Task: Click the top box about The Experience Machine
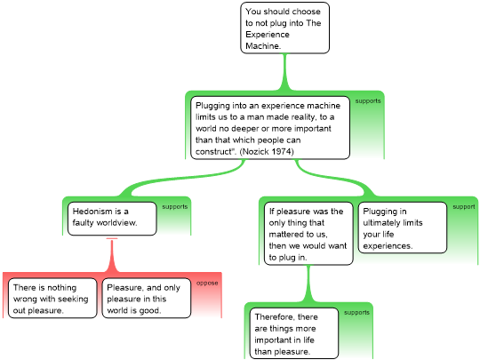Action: click(x=285, y=28)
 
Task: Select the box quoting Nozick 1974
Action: click(x=270, y=128)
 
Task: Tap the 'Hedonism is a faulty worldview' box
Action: click(x=112, y=219)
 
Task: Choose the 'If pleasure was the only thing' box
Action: click(x=308, y=234)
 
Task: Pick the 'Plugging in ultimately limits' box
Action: click(x=403, y=228)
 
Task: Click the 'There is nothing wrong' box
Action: click(x=52, y=298)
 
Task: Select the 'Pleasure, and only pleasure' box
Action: click(x=147, y=298)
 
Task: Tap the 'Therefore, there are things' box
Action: click(x=294, y=333)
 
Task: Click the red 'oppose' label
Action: click(x=207, y=284)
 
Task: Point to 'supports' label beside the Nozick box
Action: click(x=368, y=101)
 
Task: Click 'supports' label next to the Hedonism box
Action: click(x=175, y=207)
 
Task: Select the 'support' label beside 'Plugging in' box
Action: click(x=464, y=207)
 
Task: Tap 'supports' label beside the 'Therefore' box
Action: click(x=356, y=313)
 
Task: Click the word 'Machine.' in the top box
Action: click(x=263, y=46)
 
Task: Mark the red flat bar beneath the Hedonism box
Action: click(x=112, y=238)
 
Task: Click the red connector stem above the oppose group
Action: click(x=112, y=256)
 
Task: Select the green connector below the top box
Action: click(x=285, y=72)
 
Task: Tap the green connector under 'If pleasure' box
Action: click(x=308, y=284)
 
